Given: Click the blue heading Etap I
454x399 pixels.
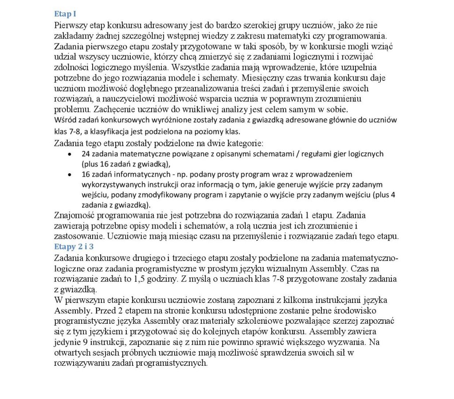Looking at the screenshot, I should tap(65, 14).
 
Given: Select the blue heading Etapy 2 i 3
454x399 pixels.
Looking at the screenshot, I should tap(74, 247).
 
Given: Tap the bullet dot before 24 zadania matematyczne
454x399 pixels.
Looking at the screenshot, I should tap(69, 154).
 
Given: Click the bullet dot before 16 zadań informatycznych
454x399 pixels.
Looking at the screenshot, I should tap(69, 174).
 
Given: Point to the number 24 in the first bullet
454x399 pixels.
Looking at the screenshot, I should tap(86, 154).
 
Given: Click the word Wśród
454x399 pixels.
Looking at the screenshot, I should tap(64, 120).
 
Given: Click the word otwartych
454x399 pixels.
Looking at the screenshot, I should tap(73, 353).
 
